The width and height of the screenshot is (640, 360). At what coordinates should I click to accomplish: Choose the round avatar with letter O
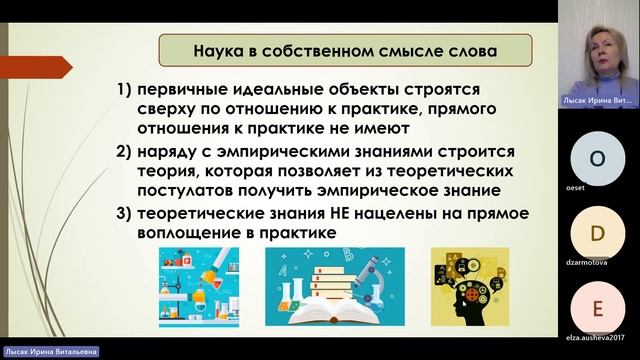[x=598, y=159]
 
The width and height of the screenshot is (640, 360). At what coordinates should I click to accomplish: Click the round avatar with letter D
[x=598, y=233]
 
